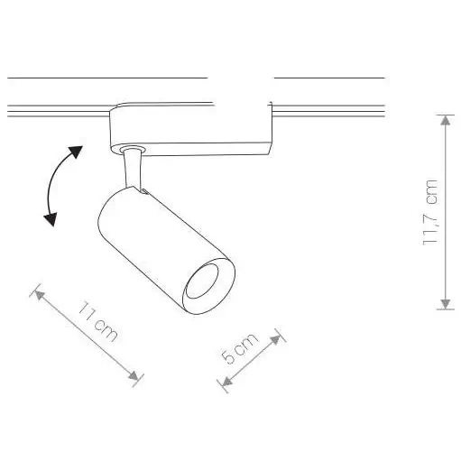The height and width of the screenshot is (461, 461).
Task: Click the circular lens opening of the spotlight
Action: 205,285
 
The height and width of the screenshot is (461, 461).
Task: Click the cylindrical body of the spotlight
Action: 153,239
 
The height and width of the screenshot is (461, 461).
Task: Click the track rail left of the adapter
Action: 54,113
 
